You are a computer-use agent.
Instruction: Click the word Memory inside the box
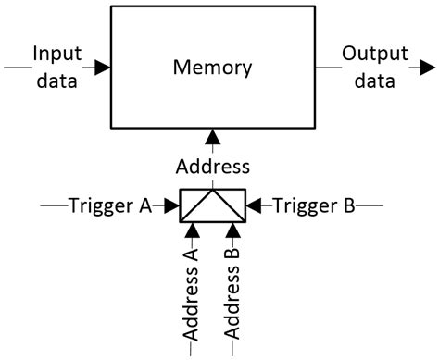pos(213,68)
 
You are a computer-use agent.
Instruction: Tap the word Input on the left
pos(58,53)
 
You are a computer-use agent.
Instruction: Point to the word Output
pos(369,53)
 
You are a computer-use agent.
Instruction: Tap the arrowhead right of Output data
pos(424,67)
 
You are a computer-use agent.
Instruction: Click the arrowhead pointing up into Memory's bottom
pos(213,136)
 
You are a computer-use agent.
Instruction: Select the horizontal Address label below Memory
pos(213,167)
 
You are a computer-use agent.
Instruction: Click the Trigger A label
pos(109,205)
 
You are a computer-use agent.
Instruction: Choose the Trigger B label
pos(315,205)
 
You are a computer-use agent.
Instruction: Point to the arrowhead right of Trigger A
pos(170,205)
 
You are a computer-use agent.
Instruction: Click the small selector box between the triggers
pos(212,205)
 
